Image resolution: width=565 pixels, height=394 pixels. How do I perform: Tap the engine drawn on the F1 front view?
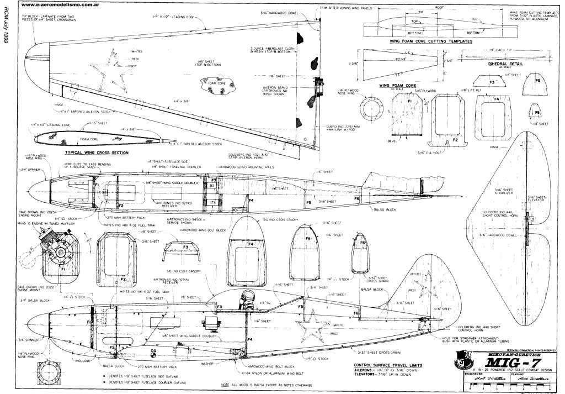(x=49, y=247)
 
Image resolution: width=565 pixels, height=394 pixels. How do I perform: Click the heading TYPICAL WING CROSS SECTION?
(x=97, y=153)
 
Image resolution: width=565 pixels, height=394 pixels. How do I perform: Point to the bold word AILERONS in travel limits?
(x=366, y=371)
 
